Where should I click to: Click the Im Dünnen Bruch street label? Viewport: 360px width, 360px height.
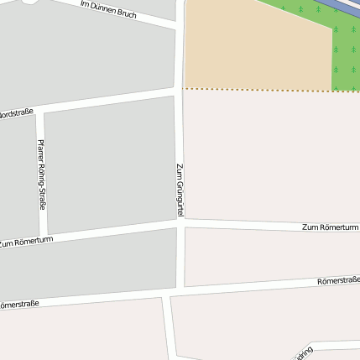108,9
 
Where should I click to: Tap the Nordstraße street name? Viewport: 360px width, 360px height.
15,112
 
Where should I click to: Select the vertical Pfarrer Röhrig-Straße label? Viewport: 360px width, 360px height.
42,175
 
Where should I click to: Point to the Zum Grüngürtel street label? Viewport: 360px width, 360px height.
180,192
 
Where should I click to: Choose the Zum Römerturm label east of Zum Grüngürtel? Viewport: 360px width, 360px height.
330,227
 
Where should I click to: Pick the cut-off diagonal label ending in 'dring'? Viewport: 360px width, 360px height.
301,352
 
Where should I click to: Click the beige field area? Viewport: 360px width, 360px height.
252,46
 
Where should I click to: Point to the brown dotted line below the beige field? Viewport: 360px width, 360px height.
269,89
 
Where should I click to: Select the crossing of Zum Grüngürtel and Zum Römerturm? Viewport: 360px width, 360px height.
180,222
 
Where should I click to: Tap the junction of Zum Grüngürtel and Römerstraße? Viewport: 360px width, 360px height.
174,291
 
